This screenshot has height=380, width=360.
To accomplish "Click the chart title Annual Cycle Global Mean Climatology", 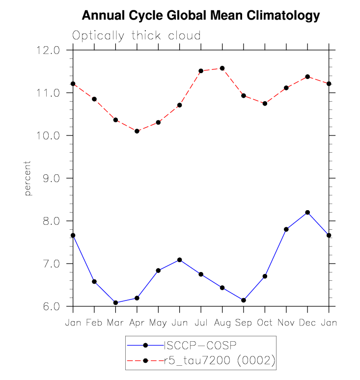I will pyautogui.click(x=200, y=16).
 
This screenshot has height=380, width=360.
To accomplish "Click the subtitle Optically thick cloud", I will pyautogui.click(x=137, y=35).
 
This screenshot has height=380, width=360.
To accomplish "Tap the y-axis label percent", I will pyautogui.click(x=28, y=178).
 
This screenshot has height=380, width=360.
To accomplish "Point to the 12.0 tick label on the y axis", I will pyautogui.click(x=49, y=50).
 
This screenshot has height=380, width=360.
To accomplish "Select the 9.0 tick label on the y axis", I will pyautogui.click(x=49, y=178).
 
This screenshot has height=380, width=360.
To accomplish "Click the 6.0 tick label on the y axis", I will pyautogui.click(x=49, y=306).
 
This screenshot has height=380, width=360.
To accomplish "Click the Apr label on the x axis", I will pyautogui.click(x=137, y=323).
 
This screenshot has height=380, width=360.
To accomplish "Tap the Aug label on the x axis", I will pyautogui.click(x=222, y=323).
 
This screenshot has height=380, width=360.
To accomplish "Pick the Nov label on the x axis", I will pyautogui.click(x=286, y=323).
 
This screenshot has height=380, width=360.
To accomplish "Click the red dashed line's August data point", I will pyautogui.click(x=222, y=68).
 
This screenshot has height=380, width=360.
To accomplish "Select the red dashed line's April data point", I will pyautogui.click(x=137, y=131).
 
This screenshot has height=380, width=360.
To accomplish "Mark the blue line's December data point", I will pyautogui.click(x=307, y=212).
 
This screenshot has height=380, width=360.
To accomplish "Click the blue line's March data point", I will pyautogui.click(x=115, y=303).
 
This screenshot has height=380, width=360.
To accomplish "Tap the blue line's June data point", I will pyautogui.click(x=179, y=260).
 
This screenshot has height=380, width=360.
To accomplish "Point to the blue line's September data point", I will pyautogui.click(x=244, y=300).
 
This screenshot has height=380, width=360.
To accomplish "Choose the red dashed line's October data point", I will pyautogui.click(x=265, y=104).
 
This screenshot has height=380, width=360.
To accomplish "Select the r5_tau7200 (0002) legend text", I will pyautogui.click(x=219, y=361).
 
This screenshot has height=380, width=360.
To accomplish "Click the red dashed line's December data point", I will pyautogui.click(x=307, y=77).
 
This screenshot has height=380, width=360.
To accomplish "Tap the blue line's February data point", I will pyautogui.click(x=94, y=281).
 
